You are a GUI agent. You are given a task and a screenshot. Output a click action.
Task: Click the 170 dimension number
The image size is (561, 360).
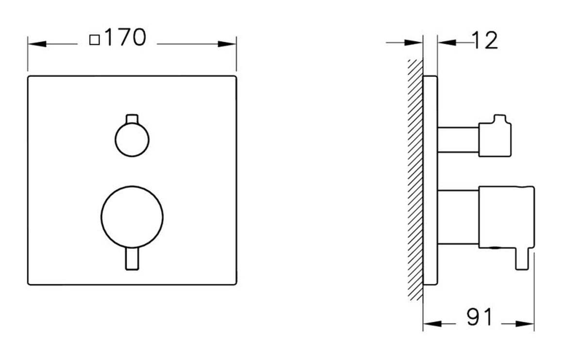(x=125, y=38)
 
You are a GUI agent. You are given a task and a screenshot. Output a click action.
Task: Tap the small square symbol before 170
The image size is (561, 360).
(x=95, y=40)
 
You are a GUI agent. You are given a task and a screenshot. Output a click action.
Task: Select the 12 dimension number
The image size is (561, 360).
(x=484, y=41)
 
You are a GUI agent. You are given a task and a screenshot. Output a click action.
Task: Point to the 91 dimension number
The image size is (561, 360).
(x=479, y=318)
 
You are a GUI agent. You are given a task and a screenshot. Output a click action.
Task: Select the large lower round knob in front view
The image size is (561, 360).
(x=132, y=216)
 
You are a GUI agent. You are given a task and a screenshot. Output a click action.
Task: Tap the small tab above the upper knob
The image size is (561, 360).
(x=132, y=119)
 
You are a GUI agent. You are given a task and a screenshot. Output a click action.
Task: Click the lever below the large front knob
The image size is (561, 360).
(x=132, y=259)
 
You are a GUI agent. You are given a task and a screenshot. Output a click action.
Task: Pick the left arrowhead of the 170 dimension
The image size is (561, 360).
(x=36, y=44)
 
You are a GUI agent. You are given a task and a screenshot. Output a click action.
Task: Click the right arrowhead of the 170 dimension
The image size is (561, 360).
(x=228, y=44)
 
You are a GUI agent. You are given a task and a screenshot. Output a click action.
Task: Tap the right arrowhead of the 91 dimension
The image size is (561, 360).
(x=526, y=324)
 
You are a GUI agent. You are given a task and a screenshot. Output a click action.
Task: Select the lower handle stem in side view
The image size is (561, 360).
(x=458, y=217)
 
